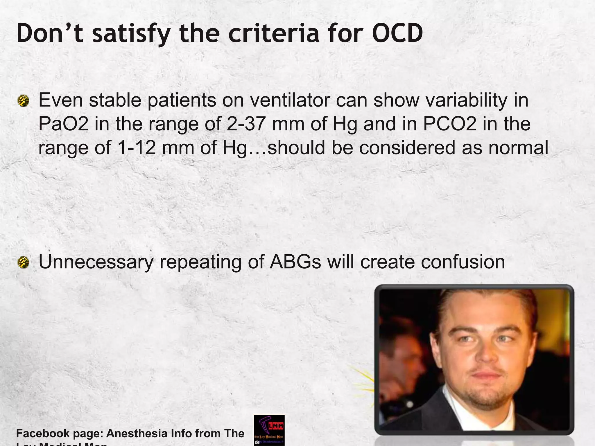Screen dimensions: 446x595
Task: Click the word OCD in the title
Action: pos(397,33)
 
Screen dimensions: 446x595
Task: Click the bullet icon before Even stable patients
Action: pos(23,101)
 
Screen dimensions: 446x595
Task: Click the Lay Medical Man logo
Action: pos(269,430)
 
